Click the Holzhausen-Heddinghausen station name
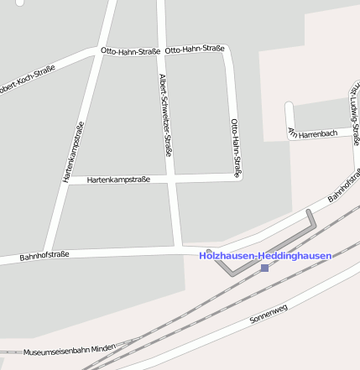pyautogui.click(x=265, y=255)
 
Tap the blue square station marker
pyautogui.click(x=265, y=268)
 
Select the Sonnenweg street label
pyautogui.click(x=269, y=314)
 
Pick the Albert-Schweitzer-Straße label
pyautogui.click(x=166, y=116)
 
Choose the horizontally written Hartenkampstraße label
pyautogui.click(x=118, y=180)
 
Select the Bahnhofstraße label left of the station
pyautogui.click(x=44, y=254)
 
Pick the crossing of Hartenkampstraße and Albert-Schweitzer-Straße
pyautogui.click(x=171, y=178)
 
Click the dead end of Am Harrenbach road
pyautogui.click(x=290, y=107)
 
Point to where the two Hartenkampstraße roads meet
pyautogui.click(x=65, y=180)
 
